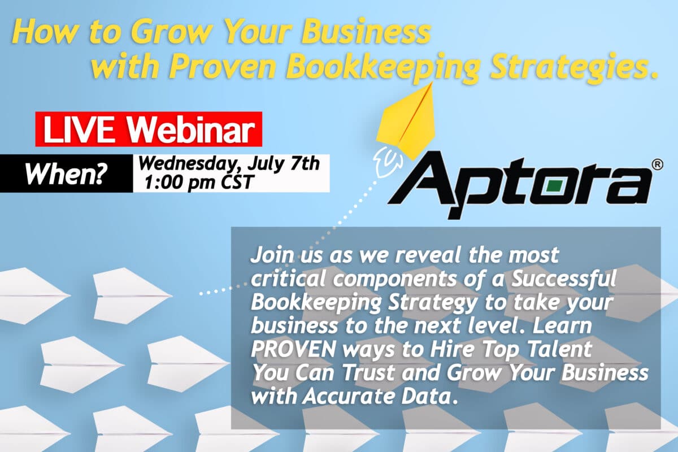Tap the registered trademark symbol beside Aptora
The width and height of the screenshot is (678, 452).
pyautogui.click(x=657, y=164)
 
